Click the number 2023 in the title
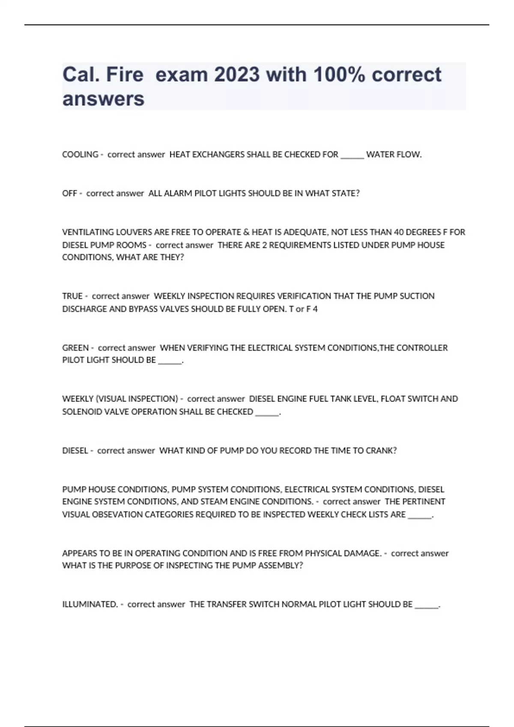click(237, 75)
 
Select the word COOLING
click(80, 154)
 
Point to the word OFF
click(69, 193)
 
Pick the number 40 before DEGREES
click(398, 232)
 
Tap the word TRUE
click(72, 296)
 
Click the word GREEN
click(75, 348)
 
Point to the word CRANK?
click(381, 451)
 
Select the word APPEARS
click(80, 553)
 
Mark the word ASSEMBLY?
click(281, 565)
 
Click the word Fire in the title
click(125, 75)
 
